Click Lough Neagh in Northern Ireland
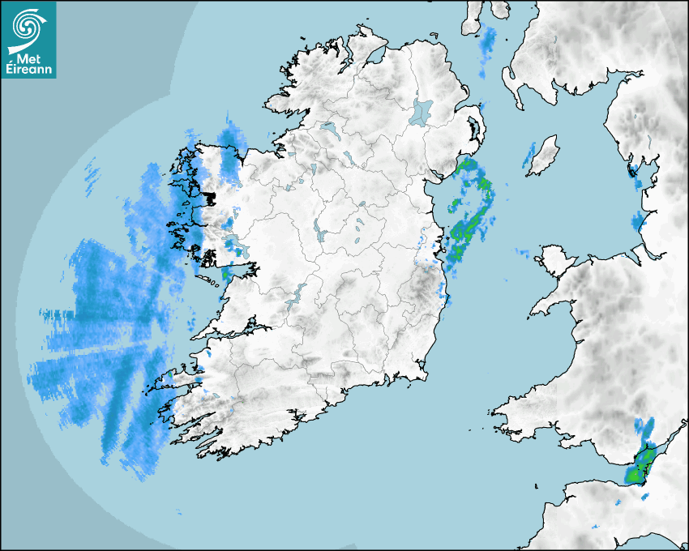coord(423,111)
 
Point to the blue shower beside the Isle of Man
coord(530,157)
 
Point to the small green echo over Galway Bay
coord(226,275)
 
